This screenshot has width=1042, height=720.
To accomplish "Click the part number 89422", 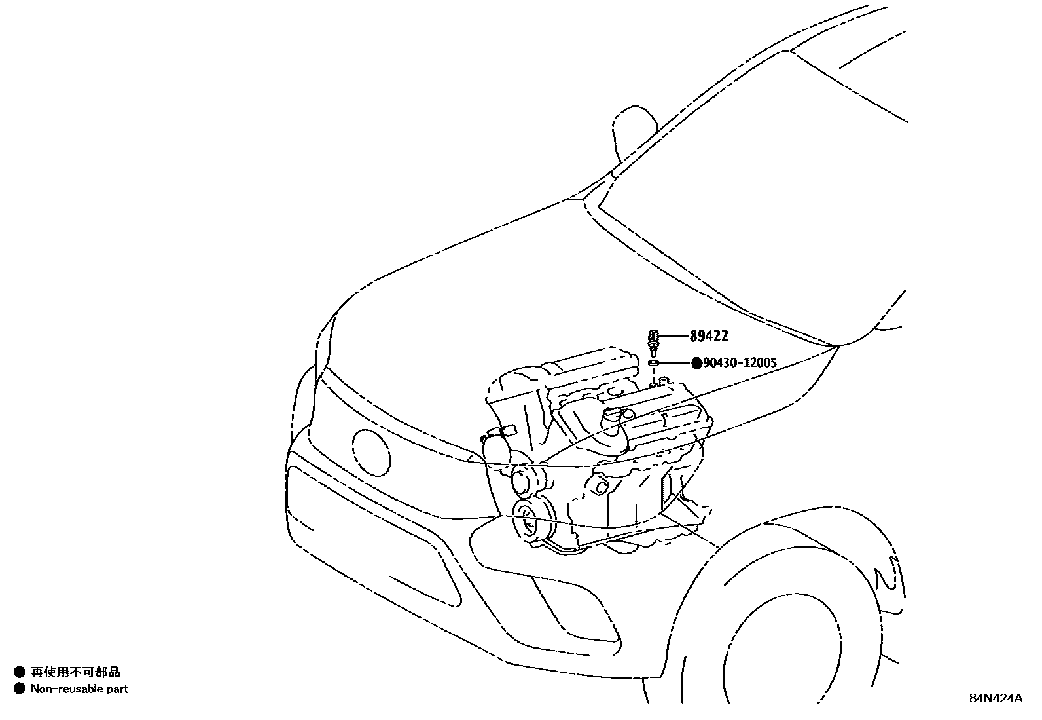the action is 709,336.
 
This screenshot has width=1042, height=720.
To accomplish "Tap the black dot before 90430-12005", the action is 696,362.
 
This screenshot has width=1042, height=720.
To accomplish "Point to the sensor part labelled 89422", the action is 653,339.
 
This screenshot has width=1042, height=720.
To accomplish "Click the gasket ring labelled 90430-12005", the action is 653,362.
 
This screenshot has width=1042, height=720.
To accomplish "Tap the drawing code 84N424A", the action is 995,698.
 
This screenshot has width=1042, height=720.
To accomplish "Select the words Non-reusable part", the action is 79,689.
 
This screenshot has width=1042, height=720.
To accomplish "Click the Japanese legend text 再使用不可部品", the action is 75,672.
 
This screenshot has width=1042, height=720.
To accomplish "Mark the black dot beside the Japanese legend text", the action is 19,672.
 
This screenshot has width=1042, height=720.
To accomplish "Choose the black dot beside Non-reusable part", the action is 19,689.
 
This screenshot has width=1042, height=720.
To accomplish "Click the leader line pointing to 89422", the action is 673,336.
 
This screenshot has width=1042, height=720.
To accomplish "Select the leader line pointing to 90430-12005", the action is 675,362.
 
